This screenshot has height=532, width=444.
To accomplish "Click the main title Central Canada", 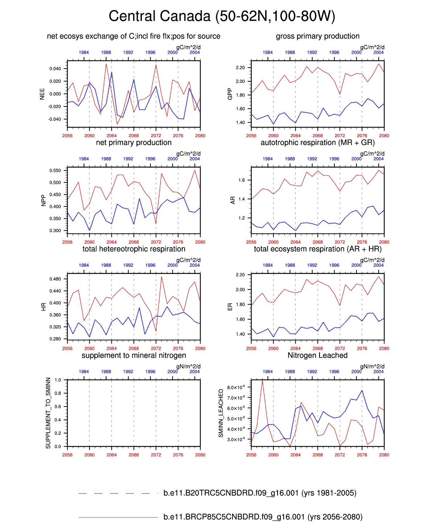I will tap(222, 16).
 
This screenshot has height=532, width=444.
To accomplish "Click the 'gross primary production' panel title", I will tap(317, 36).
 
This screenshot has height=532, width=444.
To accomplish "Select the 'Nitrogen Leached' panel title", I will tap(317, 355).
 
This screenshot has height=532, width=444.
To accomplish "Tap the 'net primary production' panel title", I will tap(133, 143).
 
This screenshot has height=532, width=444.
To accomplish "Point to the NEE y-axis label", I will tap(42, 94).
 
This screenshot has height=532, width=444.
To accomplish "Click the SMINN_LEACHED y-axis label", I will tap(221, 413).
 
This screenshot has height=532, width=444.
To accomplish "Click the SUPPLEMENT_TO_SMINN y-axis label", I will tap(48, 413).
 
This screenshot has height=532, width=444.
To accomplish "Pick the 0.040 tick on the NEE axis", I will tap(55, 69).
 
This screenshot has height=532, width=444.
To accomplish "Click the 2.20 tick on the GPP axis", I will tap(240, 68).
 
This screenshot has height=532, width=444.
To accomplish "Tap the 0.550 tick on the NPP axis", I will tap(55, 171).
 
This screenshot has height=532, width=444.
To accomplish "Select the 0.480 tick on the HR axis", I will tap(55, 279).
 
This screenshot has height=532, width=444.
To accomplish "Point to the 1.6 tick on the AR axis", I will tap(242, 180).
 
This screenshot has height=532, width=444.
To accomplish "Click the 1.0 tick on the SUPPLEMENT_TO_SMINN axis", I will tap(58, 380).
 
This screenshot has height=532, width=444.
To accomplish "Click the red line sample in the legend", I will tap(118, 517).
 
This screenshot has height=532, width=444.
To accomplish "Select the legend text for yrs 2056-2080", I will tap(263, 517).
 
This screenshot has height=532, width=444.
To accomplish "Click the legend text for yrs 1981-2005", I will tap(260, 493).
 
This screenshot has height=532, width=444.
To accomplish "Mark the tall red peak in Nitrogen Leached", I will tap(262, 380).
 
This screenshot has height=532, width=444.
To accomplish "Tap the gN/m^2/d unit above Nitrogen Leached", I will tap(372, 367).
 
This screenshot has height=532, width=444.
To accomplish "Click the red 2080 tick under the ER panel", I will tap(384, 348).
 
